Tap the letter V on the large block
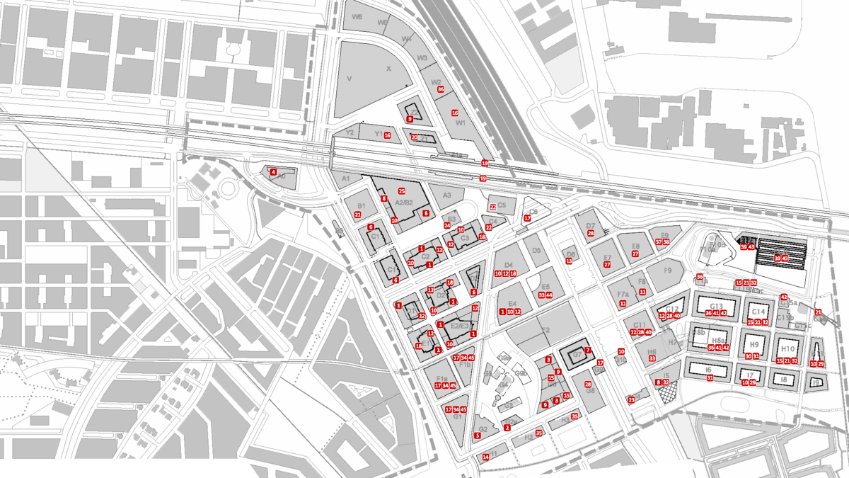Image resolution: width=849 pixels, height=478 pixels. tap(350, 79)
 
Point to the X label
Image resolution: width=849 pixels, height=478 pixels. tap(388, 69)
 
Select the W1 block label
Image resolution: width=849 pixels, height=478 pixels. tap(461, 123)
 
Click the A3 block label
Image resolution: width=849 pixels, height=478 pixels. tap(446, 195)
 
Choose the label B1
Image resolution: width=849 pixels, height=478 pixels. tap(362, 206)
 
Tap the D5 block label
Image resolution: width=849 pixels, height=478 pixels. tap(536, 250)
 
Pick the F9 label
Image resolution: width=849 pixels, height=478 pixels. tap(666, 270)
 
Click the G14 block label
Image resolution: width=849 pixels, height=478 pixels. tap(758, 312)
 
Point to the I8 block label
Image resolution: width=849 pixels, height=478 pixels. tap(782, 380)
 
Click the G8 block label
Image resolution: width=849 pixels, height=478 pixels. tap(590, 391)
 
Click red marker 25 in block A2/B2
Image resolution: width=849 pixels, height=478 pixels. tap(401, 191)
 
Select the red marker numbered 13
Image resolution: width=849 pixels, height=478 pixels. tap(569, 261)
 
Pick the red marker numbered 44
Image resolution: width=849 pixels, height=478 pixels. tap(549, 295)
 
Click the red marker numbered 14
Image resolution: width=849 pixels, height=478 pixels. tap(485, 457)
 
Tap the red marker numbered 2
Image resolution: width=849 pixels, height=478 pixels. tap(507, 428)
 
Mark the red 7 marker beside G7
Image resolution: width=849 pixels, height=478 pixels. tap(587, 350)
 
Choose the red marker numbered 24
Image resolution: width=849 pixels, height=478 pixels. tap(447, 226)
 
